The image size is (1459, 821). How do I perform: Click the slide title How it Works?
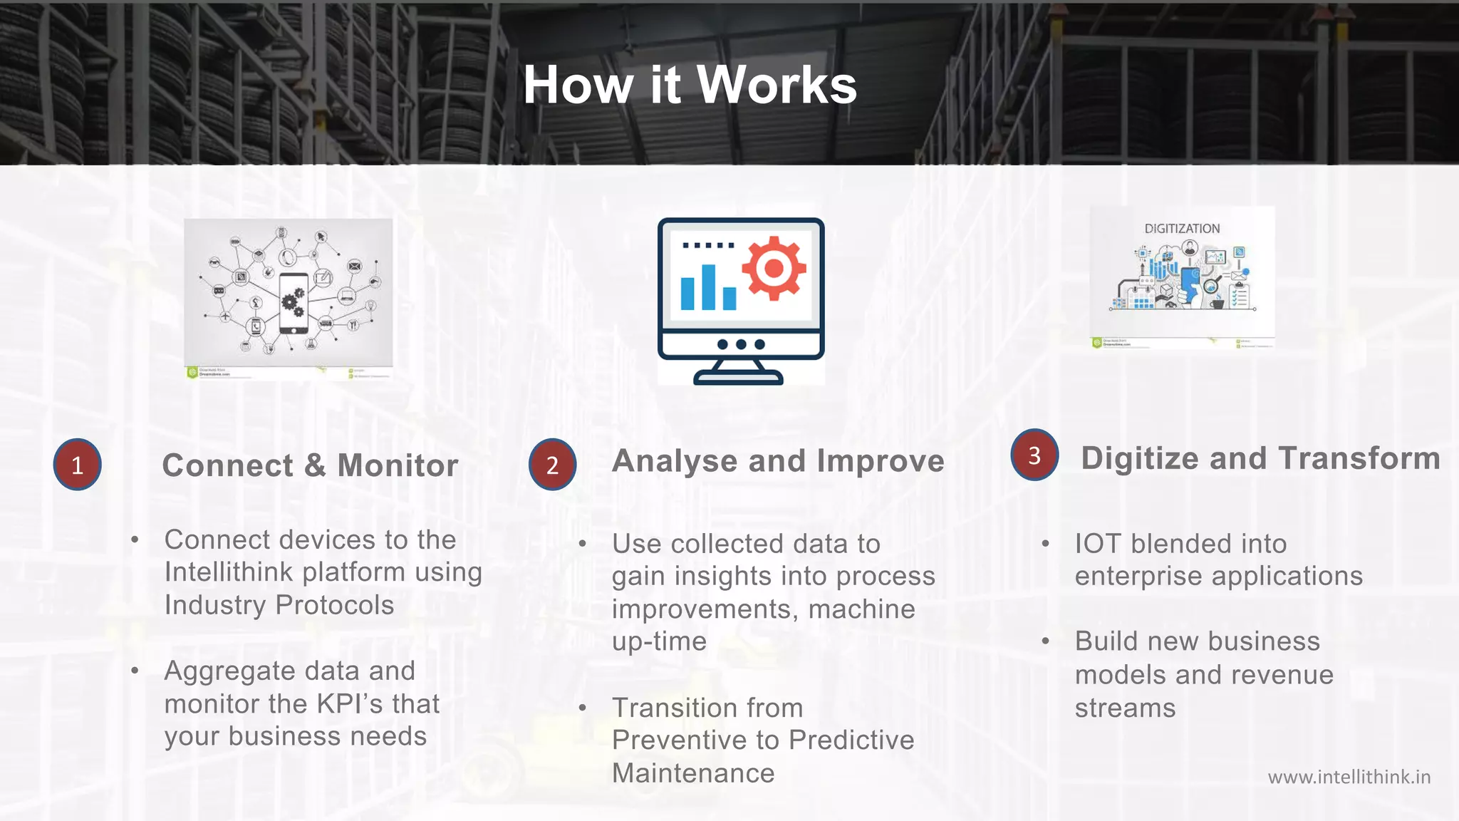coord(690,85)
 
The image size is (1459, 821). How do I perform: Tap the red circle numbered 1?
coord(77,465)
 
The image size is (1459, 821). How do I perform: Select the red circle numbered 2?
coord(552,465)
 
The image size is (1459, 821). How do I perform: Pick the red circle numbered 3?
coord(1034,455)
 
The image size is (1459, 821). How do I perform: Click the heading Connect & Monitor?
coord(310,465)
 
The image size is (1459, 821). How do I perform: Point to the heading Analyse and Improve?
coord(778,461)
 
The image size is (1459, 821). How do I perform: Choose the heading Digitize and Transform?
coord(1260,458)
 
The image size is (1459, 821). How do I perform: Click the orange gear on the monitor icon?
coord(774,269)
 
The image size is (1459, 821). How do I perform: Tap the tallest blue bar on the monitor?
coord(708,287)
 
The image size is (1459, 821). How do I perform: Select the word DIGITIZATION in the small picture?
coord(1182,229)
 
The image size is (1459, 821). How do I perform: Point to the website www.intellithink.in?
coord(1349,777)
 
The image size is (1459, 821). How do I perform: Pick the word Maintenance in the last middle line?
coord(692,773)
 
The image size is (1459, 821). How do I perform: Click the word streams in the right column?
coord(1125,708)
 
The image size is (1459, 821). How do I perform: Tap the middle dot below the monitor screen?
coord(741,344)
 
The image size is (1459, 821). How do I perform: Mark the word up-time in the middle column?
coord(659,641)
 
